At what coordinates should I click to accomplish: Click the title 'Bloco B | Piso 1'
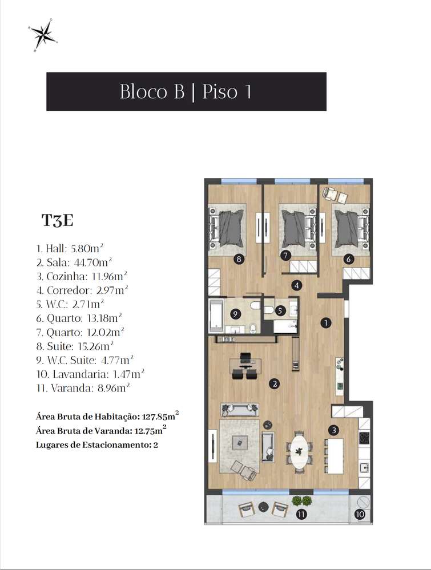pos(186,91)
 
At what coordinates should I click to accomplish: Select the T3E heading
pos(57,221)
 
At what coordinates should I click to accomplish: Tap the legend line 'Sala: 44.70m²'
pos(72,262)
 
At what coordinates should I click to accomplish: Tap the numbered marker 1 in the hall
pos(326,322)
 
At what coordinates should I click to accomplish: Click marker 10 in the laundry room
pos(360,514)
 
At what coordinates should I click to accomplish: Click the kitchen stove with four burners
pos(364,438)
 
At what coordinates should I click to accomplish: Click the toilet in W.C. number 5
pos(269,310)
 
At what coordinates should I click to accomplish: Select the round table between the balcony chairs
pos(263,506)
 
